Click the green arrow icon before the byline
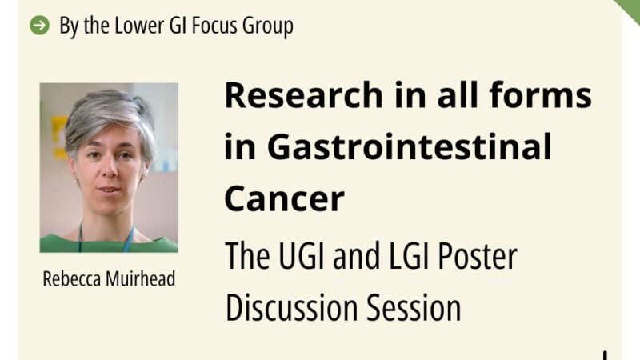pos(38,26)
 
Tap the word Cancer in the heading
pos(284,198)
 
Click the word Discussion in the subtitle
pos(291,307)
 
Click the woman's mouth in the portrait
pos(110,190)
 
